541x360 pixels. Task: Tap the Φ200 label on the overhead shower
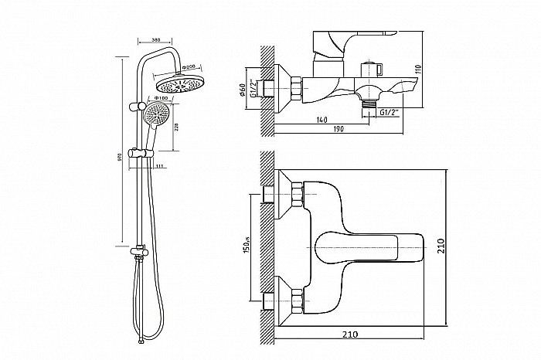[185, 67]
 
